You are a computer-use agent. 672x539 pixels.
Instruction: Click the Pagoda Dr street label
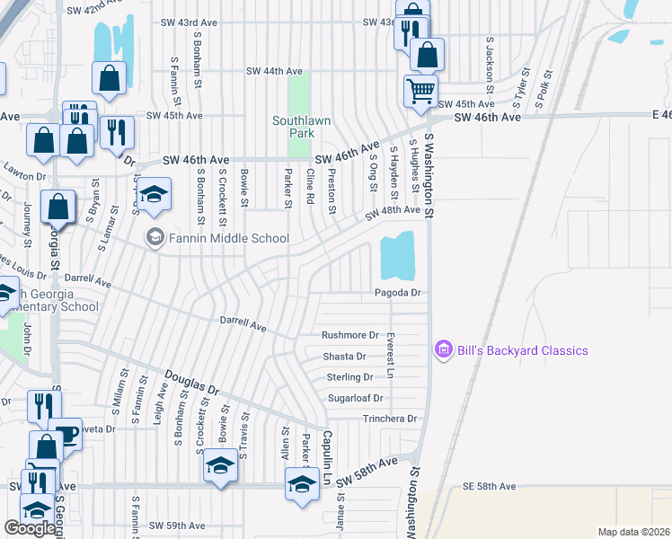[x=398, y=293]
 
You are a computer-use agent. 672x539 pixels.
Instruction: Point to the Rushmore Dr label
[x=350, y=335]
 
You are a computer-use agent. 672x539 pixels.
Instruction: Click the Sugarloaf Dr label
[x=356, y=398]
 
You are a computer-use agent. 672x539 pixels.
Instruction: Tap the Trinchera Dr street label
[x=390, y=419]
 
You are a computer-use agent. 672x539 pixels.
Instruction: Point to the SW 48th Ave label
[x=393, y=210]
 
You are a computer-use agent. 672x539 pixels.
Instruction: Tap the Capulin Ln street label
[x=328, y=451]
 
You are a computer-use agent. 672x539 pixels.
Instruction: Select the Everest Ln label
[x=390, y=357]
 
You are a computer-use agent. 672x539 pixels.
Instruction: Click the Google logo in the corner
[x=30, y=528]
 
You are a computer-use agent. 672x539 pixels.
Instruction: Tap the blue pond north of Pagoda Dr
[x=398, y=256]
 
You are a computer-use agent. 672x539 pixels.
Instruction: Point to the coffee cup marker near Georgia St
[x=65, y=434]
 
